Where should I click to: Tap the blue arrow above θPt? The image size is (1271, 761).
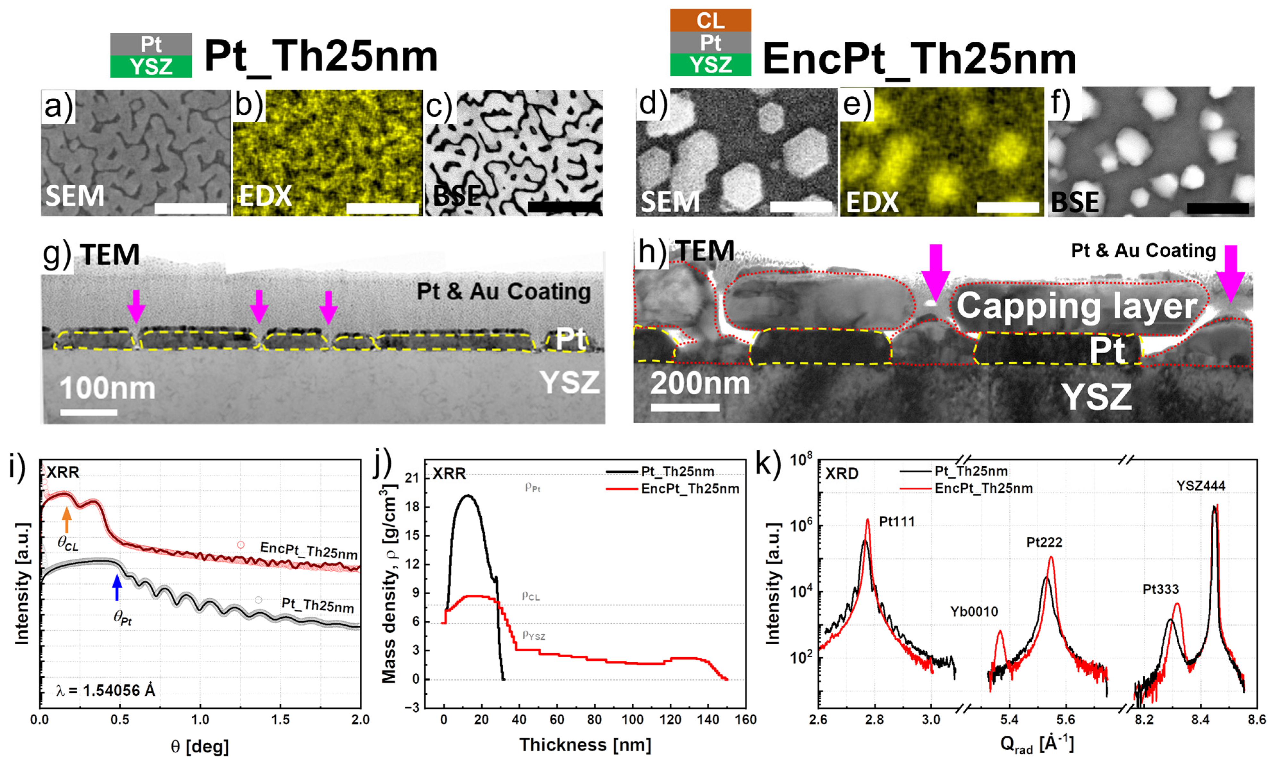pos(117,588)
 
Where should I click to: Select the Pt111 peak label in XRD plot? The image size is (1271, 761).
pos(897,522)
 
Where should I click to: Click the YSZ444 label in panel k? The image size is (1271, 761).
pos(1201,486)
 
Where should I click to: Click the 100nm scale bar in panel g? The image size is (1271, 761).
pos(89,412)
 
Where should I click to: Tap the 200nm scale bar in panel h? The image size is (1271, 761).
pos(685,407)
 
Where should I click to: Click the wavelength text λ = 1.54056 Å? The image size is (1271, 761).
pos(105,691)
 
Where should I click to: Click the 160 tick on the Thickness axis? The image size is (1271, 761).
pos(745,719)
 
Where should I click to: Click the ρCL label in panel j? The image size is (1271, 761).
pos(531,596)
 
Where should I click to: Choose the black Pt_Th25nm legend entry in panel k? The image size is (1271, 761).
pos(954,471)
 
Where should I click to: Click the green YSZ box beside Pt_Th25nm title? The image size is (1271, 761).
pos(151,67)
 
